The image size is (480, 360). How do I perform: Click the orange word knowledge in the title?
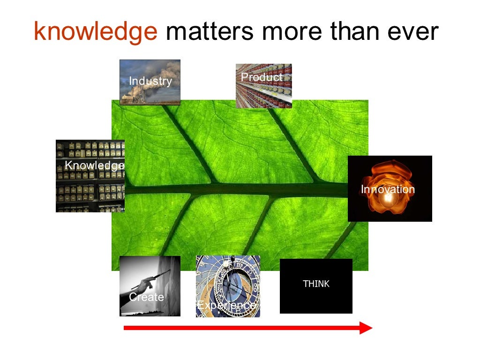pyautogui.click(x=96, y=31)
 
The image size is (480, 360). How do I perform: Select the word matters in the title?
pyautogui.click(x=210, y=31)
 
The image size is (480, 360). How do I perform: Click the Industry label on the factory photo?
pyautogui.click(x=150, y=81)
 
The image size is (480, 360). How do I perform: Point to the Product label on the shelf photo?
pyautogui.click(x=262, y=77)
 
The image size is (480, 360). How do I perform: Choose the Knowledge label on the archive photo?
pyautogui.click(x=94, y=165)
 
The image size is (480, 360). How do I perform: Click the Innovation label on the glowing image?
pyautogui.click(x=388, y=189)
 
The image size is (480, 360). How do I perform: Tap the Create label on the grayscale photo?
pyautogui.click(x=146, y=297)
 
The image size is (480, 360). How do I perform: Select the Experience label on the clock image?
pyautogui.click(x=227, y=305)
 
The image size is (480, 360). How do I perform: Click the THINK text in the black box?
pyautogui.click(x=316, y=284)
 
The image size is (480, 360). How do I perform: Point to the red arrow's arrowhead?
pyautogui.click(x=366, y=328)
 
